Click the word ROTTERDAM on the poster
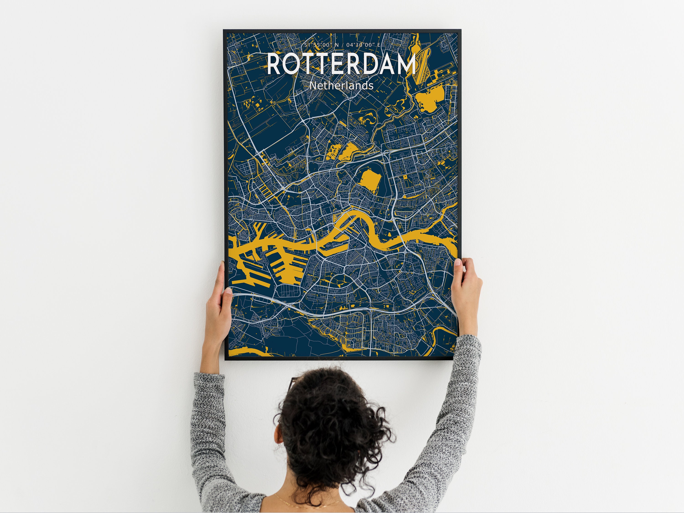[341, 64]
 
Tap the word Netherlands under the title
[341, 85]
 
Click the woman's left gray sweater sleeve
[210, 433]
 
